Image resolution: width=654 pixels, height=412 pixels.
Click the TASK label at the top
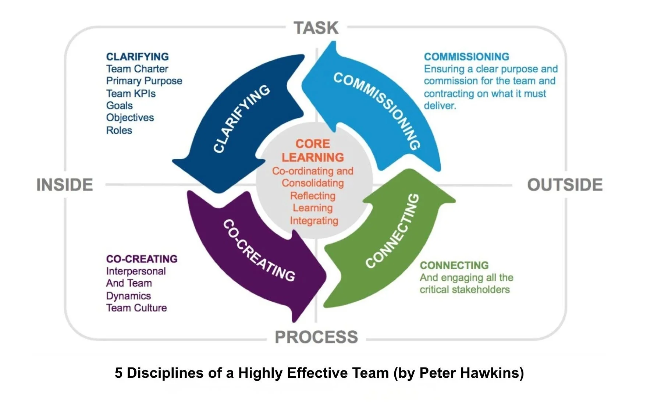click(316, 28)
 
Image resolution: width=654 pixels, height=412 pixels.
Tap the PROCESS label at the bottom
click(316, 337)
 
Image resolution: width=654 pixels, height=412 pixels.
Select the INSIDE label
click(65, 185)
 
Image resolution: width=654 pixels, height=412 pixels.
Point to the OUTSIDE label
click(565, 185)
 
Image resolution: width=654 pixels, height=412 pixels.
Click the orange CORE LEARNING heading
click(313, 150)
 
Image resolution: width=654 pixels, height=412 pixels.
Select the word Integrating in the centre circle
click(314, 221)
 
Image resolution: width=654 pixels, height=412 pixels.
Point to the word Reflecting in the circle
click(313, 196)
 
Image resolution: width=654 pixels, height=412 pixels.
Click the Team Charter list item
click(137, 69)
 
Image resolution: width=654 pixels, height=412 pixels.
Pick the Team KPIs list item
click(131, 93)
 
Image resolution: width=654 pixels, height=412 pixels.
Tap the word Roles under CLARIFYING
click(119, 130)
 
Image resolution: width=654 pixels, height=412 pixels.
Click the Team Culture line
click(136, 308)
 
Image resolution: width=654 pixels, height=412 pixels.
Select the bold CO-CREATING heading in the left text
click(142, 259)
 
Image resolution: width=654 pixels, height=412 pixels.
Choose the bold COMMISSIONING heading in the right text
click(466, 57)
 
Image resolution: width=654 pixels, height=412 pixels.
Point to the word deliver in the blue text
click(440, 106)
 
